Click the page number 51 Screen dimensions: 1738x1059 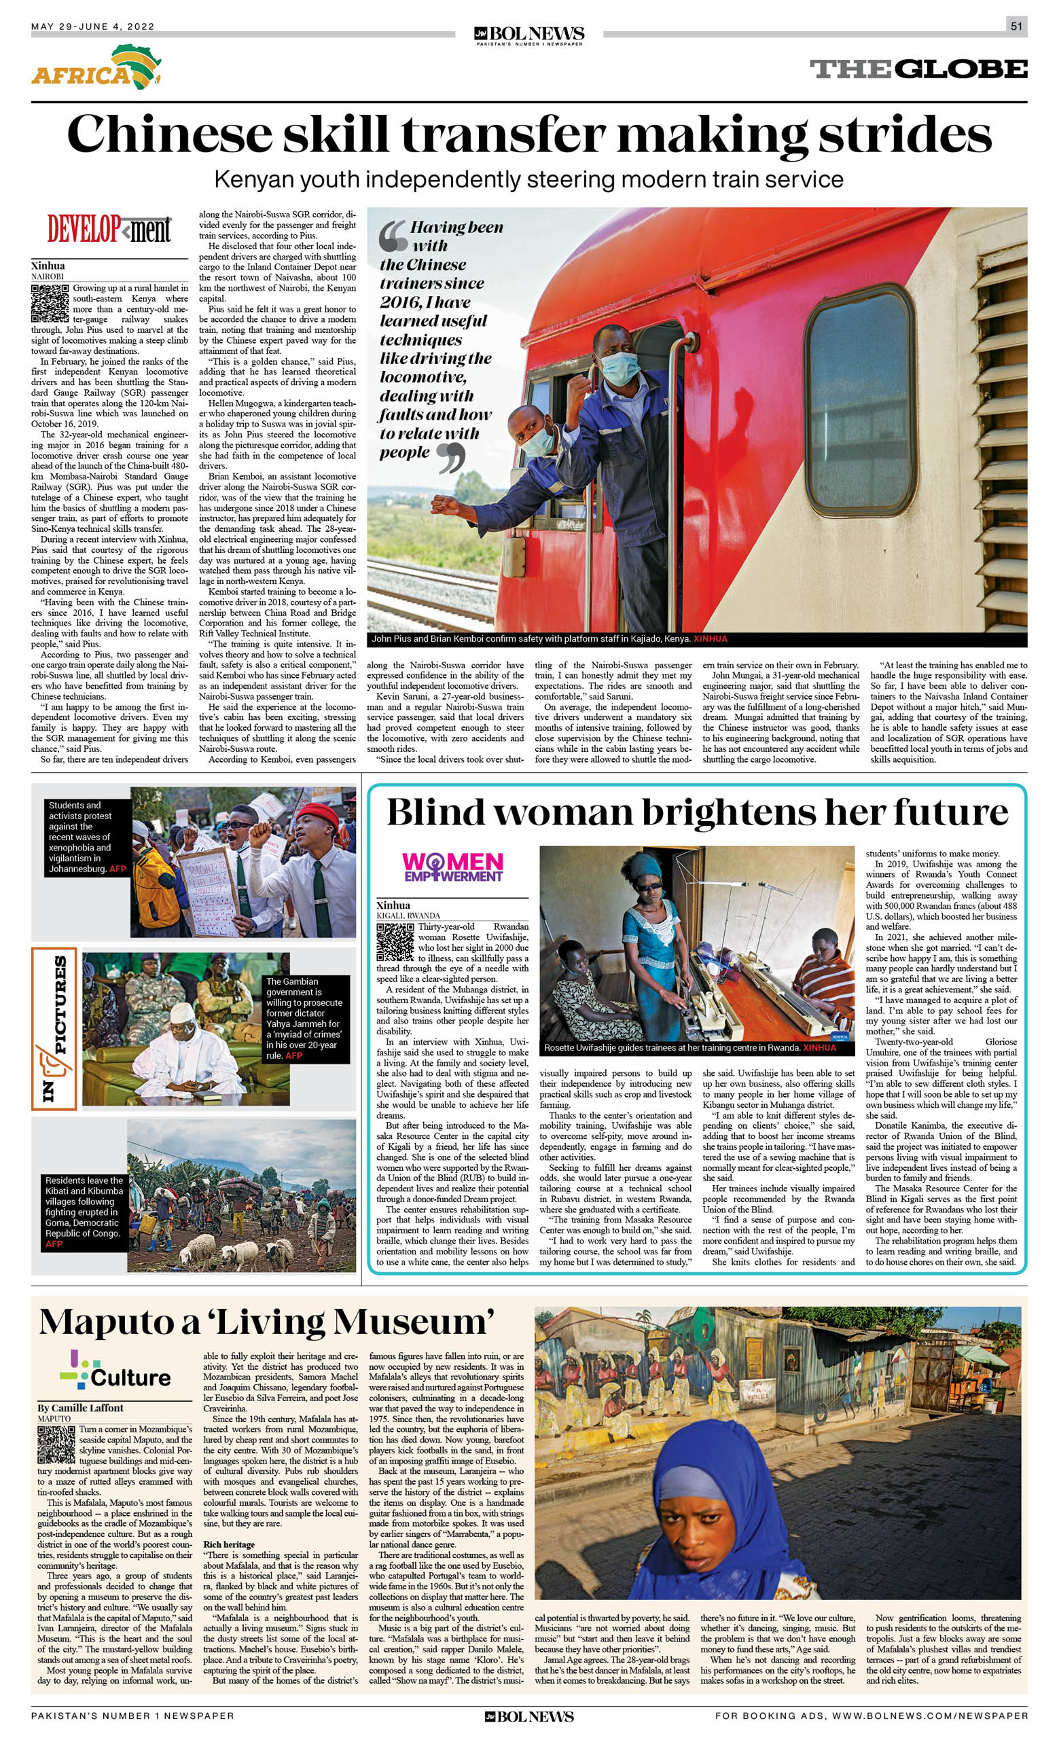1016,26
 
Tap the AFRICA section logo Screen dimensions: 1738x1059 96,68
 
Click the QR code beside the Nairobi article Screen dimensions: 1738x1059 50,304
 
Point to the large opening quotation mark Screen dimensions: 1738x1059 392,236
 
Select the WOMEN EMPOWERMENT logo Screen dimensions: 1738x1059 452,867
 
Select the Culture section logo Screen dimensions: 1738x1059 115,1372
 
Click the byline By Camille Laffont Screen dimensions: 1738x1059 80,1408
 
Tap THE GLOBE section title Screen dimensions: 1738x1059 918,69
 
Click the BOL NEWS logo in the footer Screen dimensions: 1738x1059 529,1717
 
